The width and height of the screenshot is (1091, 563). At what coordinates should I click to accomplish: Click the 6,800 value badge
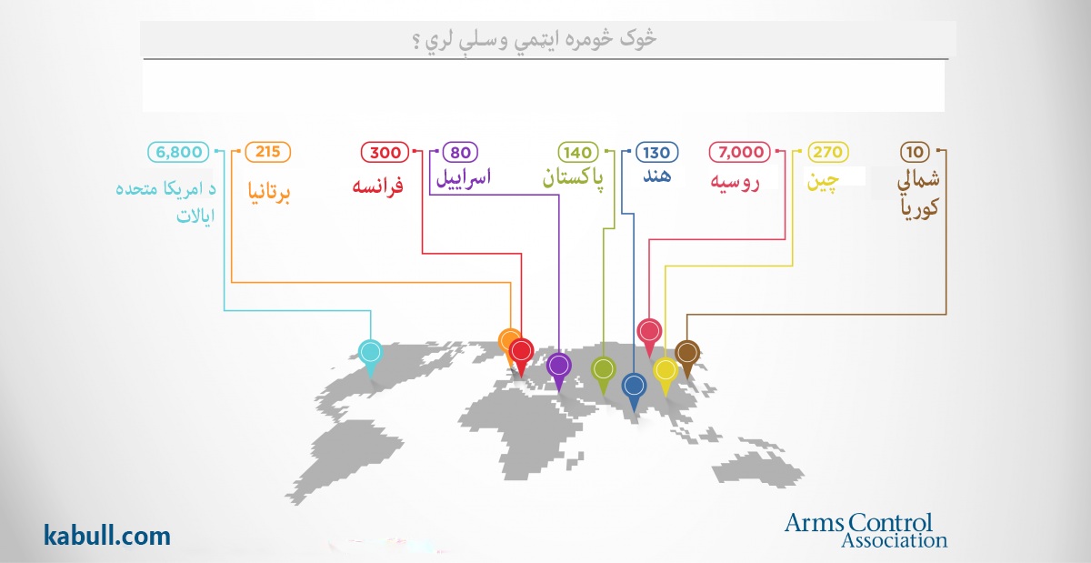tap(178, 152)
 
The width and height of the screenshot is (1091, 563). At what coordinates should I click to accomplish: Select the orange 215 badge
tap(268, 152)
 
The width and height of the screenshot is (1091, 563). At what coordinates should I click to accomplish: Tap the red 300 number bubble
tap(385, 152)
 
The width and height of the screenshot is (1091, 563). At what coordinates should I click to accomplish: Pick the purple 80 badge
tap(460, 152)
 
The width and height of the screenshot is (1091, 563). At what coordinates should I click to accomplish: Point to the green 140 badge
tap(577, 152)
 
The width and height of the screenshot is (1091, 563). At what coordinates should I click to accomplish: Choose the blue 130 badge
tap(656, 152)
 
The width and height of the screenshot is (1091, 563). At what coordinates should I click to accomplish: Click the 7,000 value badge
tap(740, 152)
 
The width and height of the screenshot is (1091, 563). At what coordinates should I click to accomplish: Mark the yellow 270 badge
tap(828, 152)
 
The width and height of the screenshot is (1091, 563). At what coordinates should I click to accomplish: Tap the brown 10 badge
tap(916, 152)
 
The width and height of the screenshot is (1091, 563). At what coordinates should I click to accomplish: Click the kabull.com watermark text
tap(107, 535)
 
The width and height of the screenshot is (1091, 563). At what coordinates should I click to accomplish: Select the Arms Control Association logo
tap(866, 530)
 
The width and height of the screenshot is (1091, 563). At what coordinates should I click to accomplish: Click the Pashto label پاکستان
tap(573, 177)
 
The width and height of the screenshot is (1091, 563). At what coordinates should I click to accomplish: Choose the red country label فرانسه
tap(378, 186)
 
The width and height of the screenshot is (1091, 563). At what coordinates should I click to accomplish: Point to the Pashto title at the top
tap(535, 39)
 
